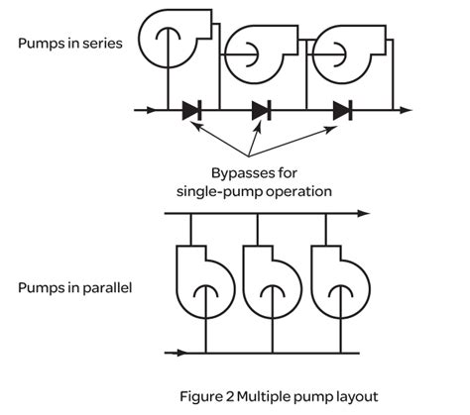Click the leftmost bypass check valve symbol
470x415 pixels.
[x=192, y=110]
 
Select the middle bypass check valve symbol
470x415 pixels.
[x=262, y=110]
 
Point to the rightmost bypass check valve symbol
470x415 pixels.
[x=342, y=110]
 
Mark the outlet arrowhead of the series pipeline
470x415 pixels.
[x=404, y=110]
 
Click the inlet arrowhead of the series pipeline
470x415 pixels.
[x=150, y=110]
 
